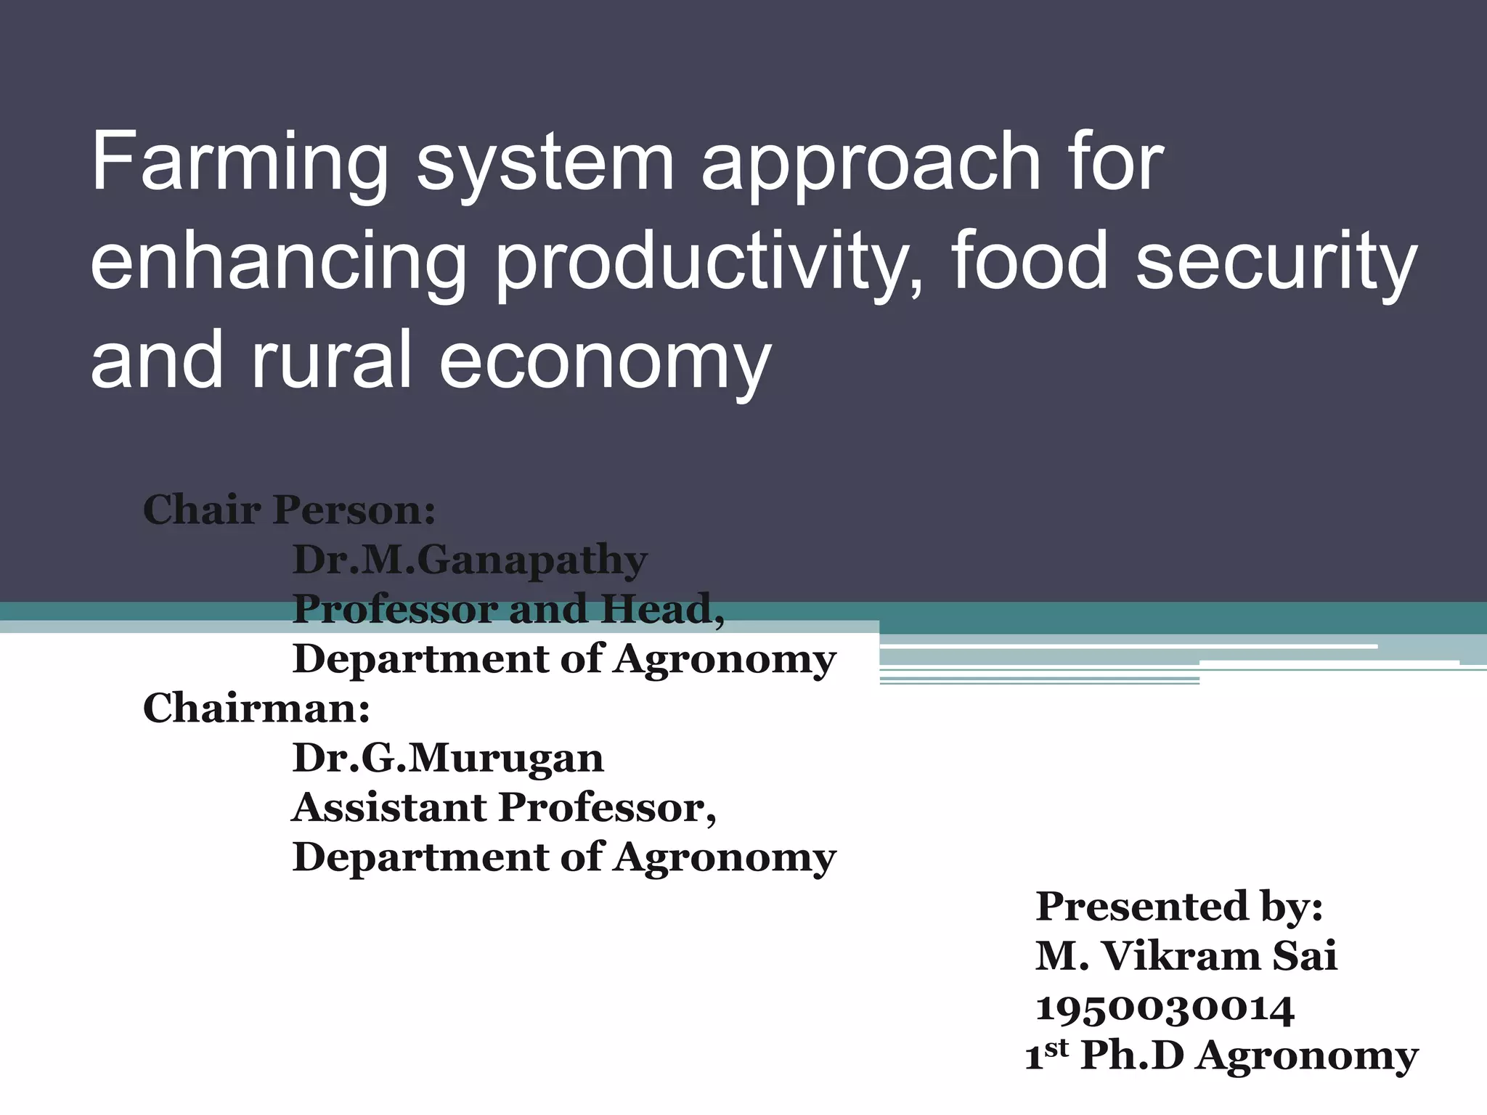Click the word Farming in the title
click(x=240, y=163)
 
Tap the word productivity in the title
click(x=700, y=261)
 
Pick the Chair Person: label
click(x=289, y=510)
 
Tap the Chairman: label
click(x=256, y=708)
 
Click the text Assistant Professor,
click(x=504, y=807)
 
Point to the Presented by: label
click(x=1179, y=907)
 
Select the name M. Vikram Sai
click(x=1186, y=956)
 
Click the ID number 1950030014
click(x=1165, y=1008)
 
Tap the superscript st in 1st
click(x=1057, y=1047)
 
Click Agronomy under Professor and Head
click(x=725, y=660)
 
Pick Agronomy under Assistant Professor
click(x=725, y=857)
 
